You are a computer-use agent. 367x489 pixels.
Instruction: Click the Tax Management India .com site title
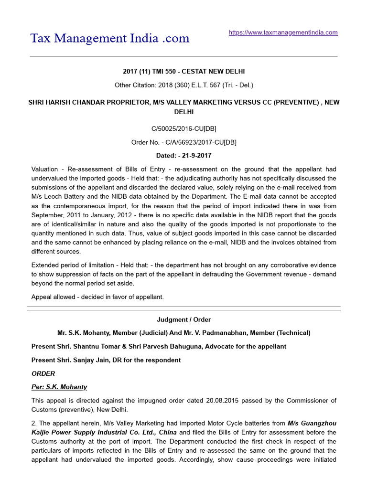coord(110,38)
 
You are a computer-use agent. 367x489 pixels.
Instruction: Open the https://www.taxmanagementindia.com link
coord(283,32)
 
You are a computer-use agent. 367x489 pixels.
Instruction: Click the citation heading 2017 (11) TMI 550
coord(183,72)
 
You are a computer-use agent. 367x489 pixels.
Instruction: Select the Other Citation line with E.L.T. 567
coord(183,85)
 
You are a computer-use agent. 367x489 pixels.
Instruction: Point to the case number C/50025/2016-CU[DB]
coord(183,128)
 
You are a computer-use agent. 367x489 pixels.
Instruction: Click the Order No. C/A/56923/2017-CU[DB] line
coord(183,142)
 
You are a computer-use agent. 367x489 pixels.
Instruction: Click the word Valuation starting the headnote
coord(46,169)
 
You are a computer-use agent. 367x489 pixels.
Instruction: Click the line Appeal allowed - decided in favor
coord(97,297)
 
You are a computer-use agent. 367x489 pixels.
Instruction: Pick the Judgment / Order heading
coord(183,319)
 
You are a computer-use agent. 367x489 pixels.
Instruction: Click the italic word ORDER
coord(43,373)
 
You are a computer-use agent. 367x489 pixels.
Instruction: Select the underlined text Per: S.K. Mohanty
coord(59,387)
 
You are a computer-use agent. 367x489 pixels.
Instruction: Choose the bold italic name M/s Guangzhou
coord(312,423)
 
